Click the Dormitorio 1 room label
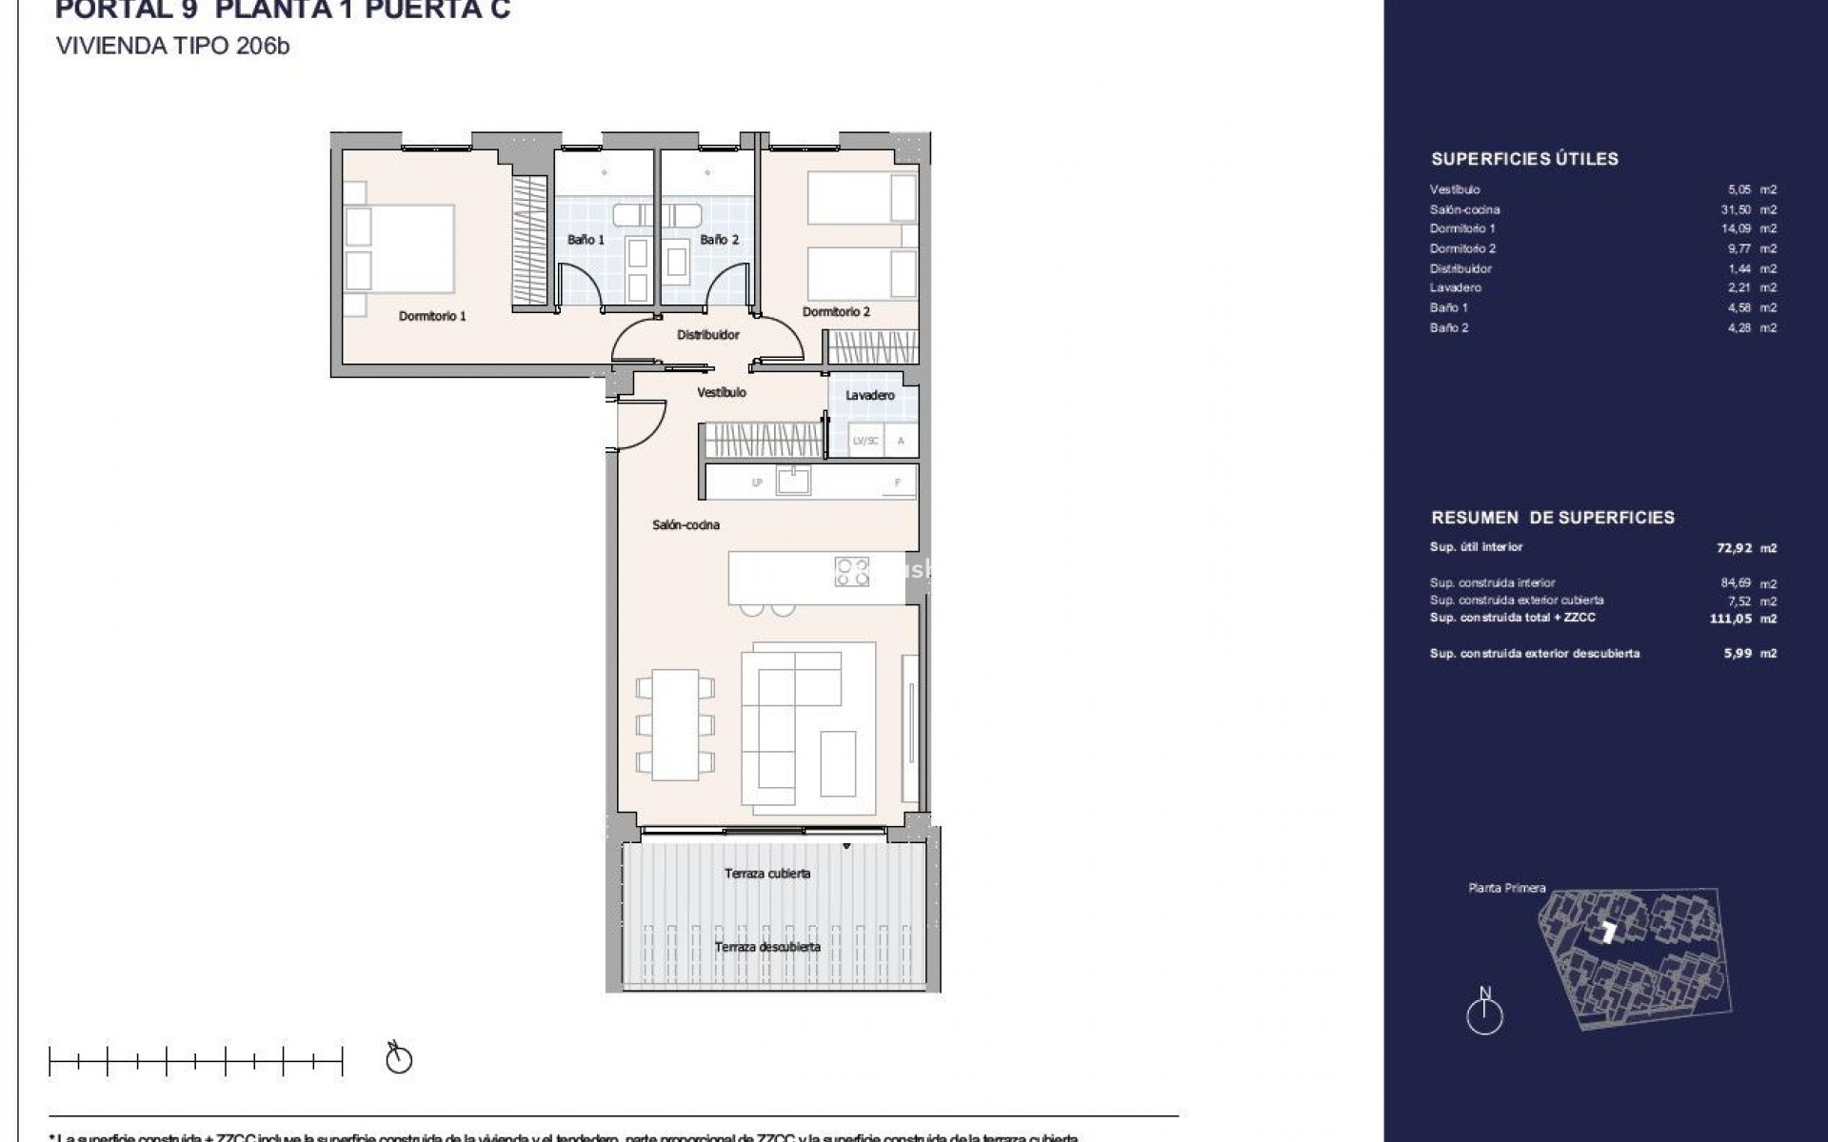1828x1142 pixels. click(x=432, y=316)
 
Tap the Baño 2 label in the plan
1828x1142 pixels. click(x=719, y=240)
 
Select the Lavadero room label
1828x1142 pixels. click(x=869, y=395)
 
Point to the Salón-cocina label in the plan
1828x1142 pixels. click(x=685, y=524)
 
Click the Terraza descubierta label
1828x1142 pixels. click(x=767, y=947)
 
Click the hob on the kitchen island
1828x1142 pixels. click(x=851, y=572)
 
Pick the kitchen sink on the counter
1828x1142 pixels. click(x=793, y=482)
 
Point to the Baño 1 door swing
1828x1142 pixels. click(x=580, y=284)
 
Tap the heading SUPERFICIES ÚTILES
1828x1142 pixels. click(x=1524, y=159)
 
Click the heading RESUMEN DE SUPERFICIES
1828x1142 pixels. click(x=1552, y=518)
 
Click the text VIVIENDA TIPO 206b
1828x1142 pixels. click(x=172, y=46)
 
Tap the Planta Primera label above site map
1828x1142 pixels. click(x=1507, y=888)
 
